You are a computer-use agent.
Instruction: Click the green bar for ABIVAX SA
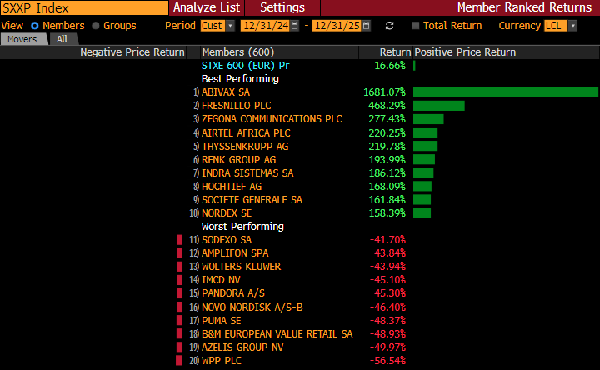505,92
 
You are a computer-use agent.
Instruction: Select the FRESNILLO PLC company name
236,106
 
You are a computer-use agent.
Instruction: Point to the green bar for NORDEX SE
422,212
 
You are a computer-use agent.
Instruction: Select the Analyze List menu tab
207,7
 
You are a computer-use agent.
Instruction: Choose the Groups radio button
96,26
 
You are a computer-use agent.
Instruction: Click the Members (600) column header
237,52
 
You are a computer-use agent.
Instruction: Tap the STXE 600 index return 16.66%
390,65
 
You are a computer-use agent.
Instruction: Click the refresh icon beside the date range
389,26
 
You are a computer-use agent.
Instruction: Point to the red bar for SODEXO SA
178,240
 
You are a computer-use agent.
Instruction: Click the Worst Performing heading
242,226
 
